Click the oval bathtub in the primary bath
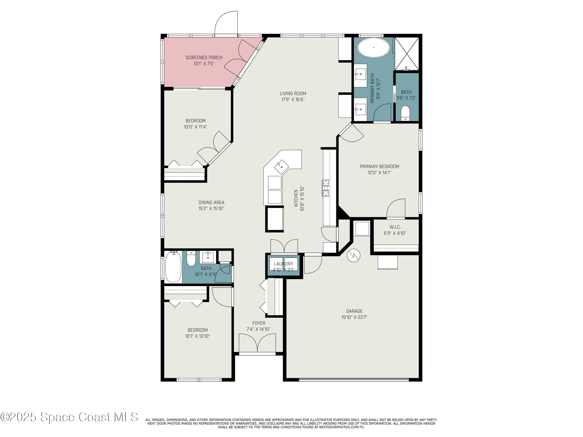374,48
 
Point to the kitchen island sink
281,167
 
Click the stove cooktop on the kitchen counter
326,188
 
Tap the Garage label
354,311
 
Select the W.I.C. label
395,227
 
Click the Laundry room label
283,264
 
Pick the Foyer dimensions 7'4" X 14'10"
258,329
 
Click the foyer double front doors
257,343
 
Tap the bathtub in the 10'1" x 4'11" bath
173,267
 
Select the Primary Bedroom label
379,166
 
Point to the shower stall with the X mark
407,54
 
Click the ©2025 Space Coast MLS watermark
69,417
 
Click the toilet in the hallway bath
191,259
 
